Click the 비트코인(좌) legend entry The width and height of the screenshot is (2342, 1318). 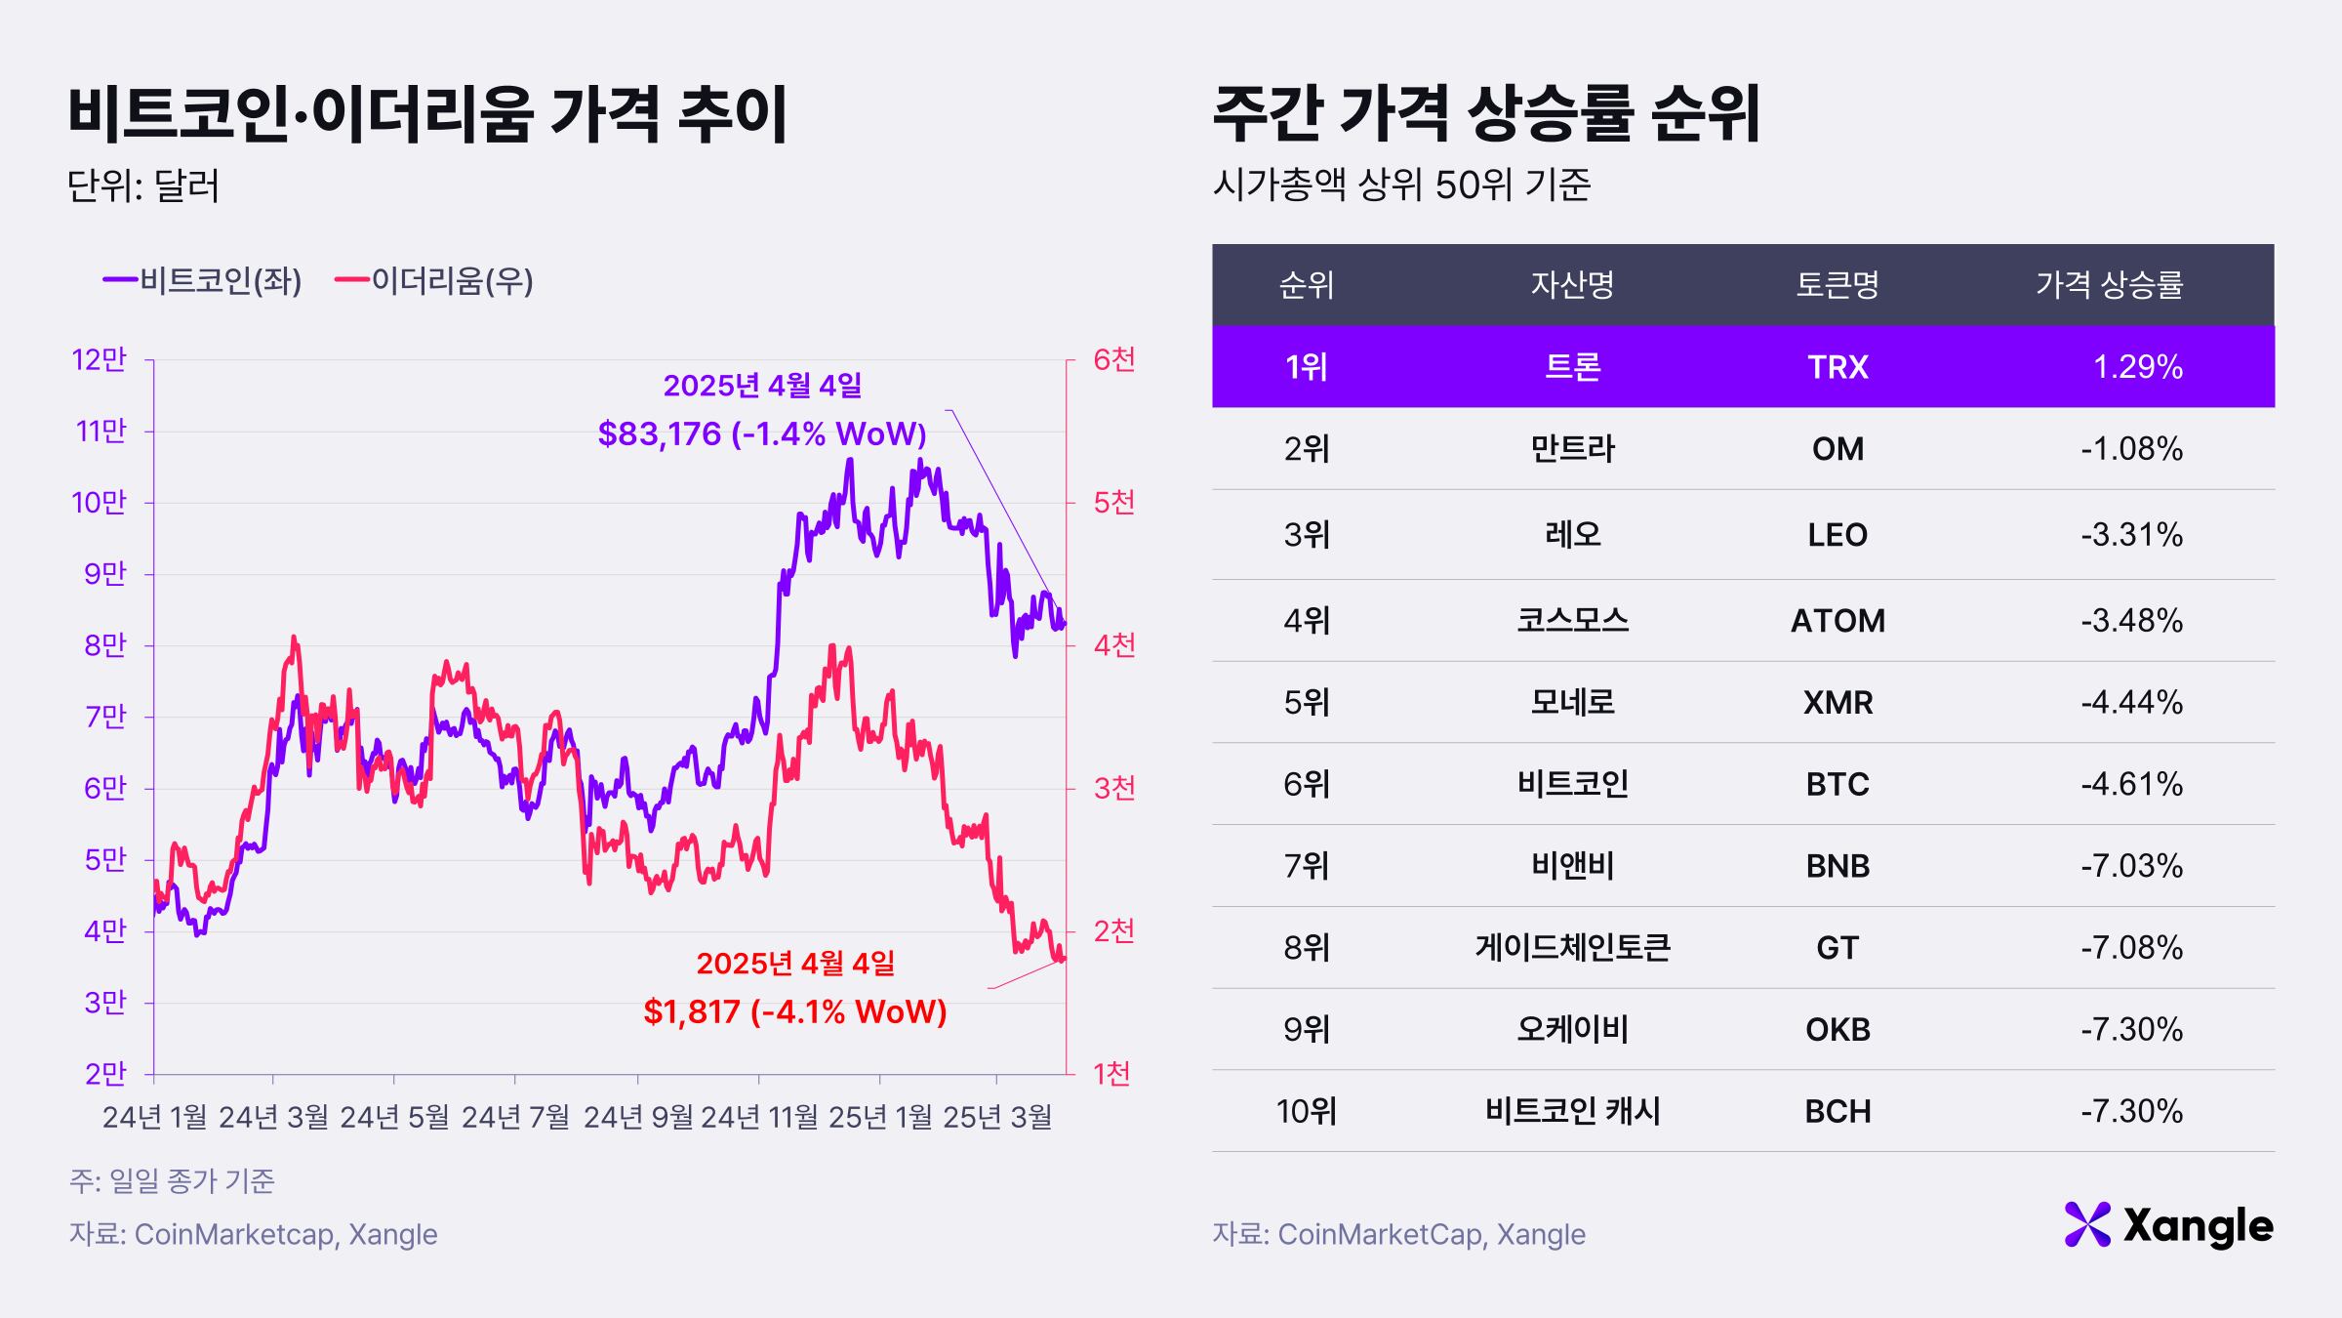coord(203,281)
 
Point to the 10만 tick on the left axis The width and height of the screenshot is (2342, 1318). coord(100,503)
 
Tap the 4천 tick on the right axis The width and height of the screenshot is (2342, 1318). coord(1114,645)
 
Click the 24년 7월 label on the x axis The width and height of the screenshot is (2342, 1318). coord(515,1117)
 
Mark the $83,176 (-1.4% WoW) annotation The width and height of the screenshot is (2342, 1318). coord(762,433)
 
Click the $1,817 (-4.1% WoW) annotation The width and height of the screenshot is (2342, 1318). coord(795,1011)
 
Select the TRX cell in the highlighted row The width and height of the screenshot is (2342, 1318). coord(1837,367)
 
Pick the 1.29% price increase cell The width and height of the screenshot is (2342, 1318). coord(2137,367)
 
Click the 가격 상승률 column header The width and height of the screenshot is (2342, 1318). coord(2109,285)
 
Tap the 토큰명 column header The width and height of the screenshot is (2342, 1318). coord(1837,285)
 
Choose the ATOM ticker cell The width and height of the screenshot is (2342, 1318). coord(1837,621)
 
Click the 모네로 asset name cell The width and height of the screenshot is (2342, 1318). coord(1572,703)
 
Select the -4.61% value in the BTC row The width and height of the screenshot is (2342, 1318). coord(2131,785)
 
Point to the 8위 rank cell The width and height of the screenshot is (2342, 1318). coord(1307,948)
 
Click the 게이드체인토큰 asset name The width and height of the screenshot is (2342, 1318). coord(1572,948)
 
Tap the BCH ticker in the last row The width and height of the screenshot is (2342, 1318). coord(1837,1112)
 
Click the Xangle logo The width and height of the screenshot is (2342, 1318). coord(2168,1225)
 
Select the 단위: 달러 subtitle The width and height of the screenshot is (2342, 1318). coord(143,185)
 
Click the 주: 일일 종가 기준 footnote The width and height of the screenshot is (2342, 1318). coord(172,1181)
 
